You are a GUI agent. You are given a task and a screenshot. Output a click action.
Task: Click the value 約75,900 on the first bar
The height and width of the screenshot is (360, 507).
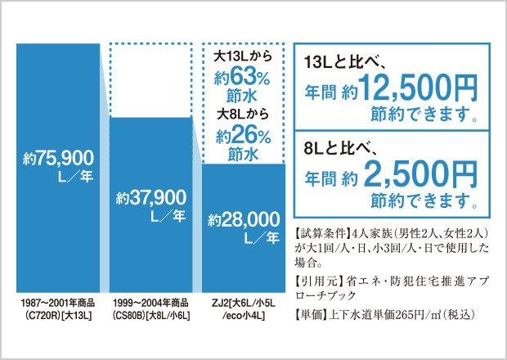pyautogui.click(x=59, y=157)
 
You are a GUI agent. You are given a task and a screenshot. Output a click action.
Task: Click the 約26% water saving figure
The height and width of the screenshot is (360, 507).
pyautogui.click(x=243, y=134)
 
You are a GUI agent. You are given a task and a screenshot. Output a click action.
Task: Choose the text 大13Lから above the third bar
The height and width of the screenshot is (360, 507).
pyautogui.click(x=243, y=59)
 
